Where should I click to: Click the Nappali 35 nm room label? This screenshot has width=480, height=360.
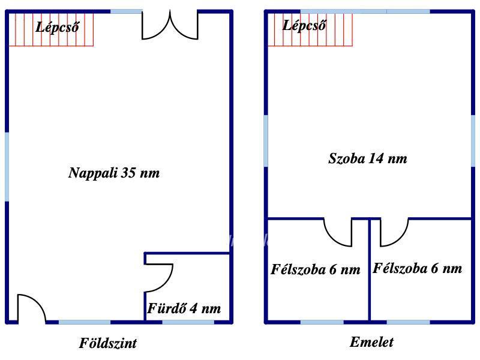click(114, 173)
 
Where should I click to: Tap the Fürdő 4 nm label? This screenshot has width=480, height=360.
click(184, 308)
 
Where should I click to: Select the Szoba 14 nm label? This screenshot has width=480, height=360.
click(368, 158)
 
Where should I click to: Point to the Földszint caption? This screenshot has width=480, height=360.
click(108, 343)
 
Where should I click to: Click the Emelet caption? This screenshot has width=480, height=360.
click(371, 342)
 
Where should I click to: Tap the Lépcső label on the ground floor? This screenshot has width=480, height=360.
click(57, 28)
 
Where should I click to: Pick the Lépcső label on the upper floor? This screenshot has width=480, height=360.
click(304, 26)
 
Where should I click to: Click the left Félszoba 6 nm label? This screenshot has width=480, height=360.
click(316, 269)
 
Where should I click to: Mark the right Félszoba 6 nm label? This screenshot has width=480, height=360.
click(417, 268)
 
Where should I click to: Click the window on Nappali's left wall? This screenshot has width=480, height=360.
click(7, 167)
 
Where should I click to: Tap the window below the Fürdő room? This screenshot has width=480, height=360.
click(188, 322)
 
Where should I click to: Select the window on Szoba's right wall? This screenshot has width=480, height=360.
click(473, 141)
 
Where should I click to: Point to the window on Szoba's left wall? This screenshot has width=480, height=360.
click(266, 141)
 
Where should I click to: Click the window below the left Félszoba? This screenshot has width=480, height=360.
click(322, 322)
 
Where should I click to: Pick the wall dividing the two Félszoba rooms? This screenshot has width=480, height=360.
click(370, 270)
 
